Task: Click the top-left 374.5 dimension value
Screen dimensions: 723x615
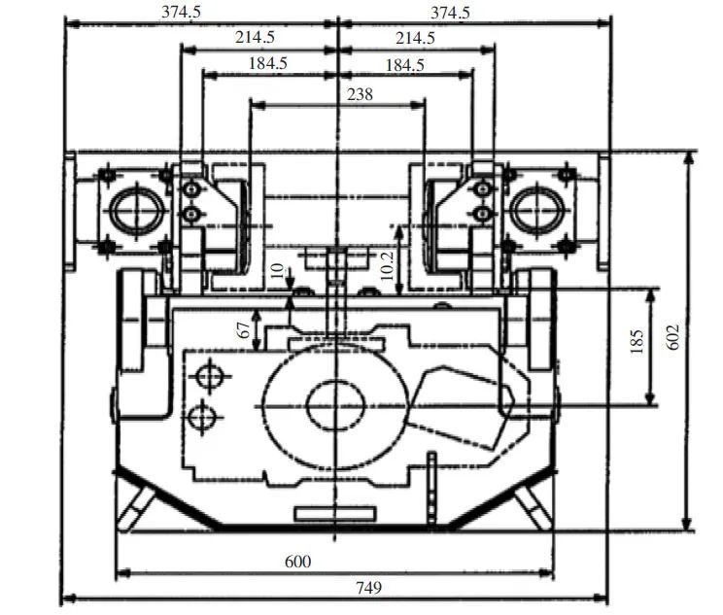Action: click(x=181, y=12)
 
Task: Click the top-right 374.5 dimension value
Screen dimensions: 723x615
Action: click(x=450, y=13)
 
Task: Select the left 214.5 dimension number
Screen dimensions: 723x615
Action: click(x=255, y=37)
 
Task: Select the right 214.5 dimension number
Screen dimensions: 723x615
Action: click(x=415, y=38)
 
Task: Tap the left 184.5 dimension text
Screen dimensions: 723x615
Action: click(x=268, y=63)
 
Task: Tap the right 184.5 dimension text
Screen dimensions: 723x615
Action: click(x=405, y=65)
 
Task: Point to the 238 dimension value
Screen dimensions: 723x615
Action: click(x=360, y=94)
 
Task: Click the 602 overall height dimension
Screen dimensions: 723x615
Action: click(x=673, y=337)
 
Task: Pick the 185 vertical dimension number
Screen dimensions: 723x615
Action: click(x=637, y=341)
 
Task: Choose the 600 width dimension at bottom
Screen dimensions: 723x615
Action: click(x=298, y=562)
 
